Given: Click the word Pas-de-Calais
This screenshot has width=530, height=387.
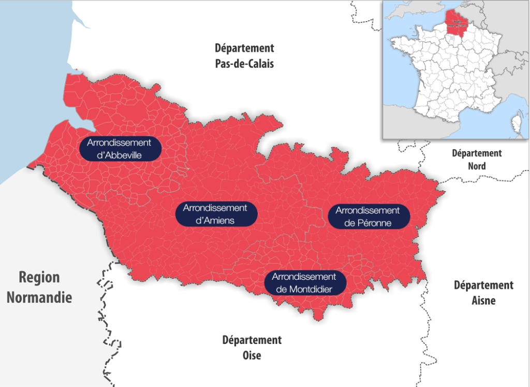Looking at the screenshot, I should (244, 64).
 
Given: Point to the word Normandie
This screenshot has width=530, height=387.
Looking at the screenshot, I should (39, 297).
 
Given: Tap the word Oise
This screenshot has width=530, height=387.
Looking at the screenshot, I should (252, 355).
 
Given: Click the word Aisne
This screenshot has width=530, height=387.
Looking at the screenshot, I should (484, 300).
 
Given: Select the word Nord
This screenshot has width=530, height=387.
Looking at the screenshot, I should (477, 166).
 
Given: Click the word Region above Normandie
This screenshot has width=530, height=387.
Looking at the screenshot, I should (39, 277).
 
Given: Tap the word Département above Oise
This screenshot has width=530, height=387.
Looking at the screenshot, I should (252, 340).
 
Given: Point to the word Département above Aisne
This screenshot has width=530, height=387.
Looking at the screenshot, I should (484, 285).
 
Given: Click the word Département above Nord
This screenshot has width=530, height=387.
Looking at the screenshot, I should (477, 153).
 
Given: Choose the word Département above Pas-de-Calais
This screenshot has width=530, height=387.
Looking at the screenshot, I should (244, 48).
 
